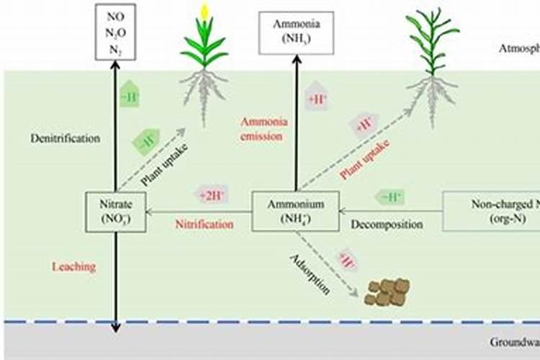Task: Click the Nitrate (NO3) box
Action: (115, 212)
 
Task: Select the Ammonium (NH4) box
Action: (295, 212)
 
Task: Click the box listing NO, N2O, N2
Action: (116, 31)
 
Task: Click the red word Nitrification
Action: (204, 225)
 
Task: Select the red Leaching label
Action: (73, 267)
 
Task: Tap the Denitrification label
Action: (65, 138)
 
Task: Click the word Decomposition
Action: (387, 225)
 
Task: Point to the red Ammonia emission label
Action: (258, 129)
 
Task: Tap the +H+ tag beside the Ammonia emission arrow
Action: (318, 99)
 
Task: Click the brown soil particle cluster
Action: (387, 291)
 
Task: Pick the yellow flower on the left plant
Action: (204, 12)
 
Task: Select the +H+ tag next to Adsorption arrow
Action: (348, 260)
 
